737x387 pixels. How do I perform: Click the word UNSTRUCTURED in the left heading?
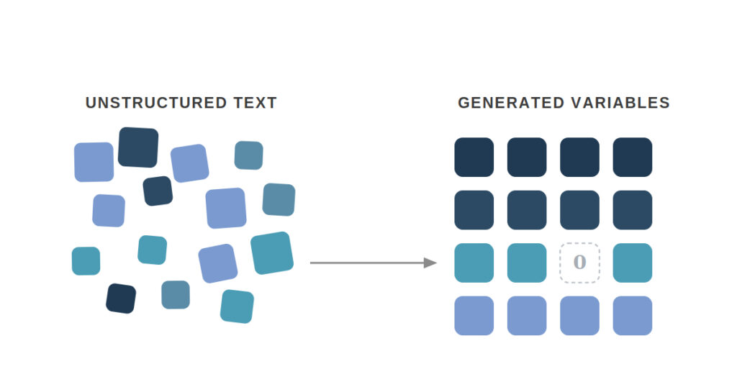pos(156,103)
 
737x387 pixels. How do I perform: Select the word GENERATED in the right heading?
pos(511,103)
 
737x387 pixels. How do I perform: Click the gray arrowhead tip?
pos(437,263)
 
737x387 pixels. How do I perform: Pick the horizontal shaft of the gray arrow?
pos(367,263)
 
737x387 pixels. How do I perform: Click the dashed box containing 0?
pos(579,263)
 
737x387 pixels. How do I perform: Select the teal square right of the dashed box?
pos(633,263)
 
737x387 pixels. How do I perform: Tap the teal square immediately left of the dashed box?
pos(527,263)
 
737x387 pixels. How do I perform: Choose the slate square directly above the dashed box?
pos(579,210)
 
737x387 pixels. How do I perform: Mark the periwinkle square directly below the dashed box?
pos(579,316)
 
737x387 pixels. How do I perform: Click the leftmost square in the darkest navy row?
pos(474,158)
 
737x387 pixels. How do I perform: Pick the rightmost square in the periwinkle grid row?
pos(633,316)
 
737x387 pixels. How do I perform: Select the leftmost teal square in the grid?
pos(474,263)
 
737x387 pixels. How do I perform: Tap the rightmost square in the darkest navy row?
pos(633,158)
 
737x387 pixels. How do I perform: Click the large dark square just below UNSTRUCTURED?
pos(138,147)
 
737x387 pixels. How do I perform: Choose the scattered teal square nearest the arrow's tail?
pos(272,252)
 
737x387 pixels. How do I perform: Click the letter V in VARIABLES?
pos(577,103)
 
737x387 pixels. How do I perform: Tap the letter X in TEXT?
pos(259,103)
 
